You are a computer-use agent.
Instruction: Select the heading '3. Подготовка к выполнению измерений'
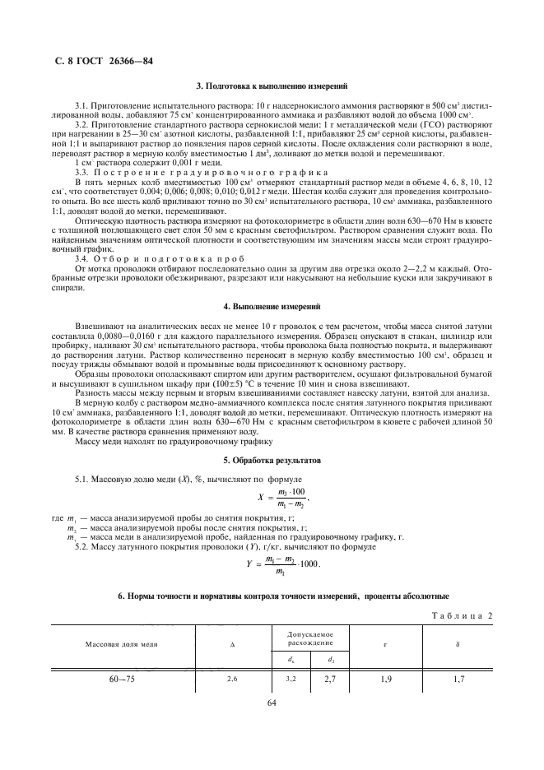tap(272, 86)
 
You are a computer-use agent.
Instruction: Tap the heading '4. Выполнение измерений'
tap(272, 306)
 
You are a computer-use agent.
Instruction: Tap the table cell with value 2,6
tap(232, 680)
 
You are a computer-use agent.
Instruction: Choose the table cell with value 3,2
tap(291, 680)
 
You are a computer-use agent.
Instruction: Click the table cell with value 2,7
tap(331, 680)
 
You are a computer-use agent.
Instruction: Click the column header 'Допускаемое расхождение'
tap(310, 638)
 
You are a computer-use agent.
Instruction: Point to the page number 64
tap(272, 703)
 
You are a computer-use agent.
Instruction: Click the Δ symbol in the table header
tap(232, 643)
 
